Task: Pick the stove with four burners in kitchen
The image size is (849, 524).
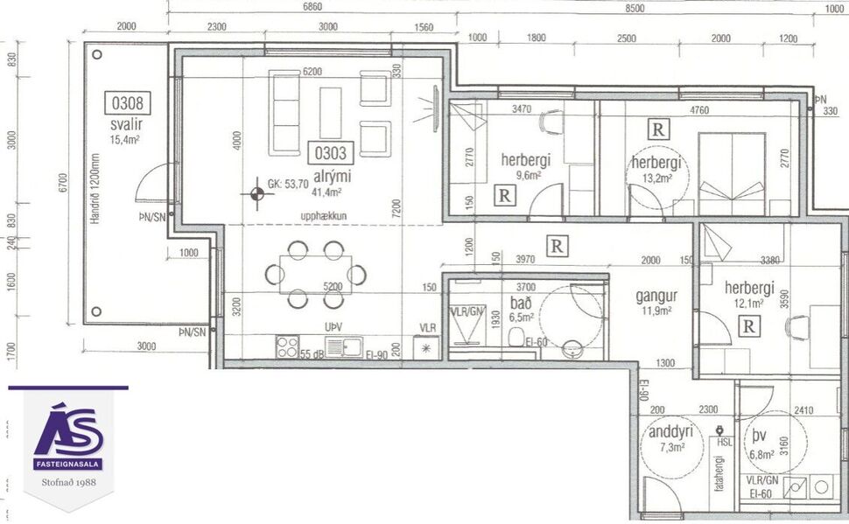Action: tap(288, 346)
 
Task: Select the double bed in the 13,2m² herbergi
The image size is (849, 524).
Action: tap(732, 173)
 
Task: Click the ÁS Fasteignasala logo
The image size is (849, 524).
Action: tap(68, 435)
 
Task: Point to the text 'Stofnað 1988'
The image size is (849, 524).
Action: tap(68, 482)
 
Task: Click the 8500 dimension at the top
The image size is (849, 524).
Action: tap(635, 8)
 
